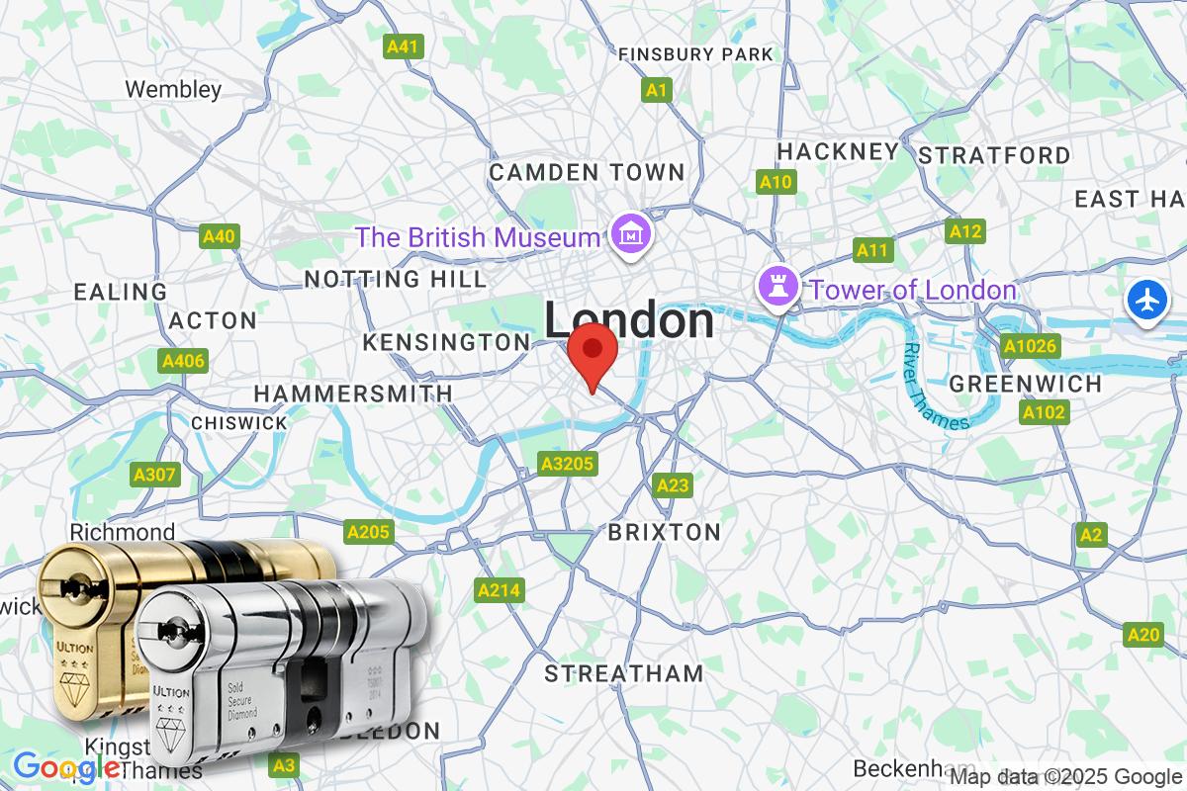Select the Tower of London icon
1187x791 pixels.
click(776, 288)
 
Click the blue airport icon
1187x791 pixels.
click(1146, 301)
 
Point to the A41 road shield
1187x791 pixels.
click(404, 45)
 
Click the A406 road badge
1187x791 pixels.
click(183, 361)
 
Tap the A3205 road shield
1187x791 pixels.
click(565, 463)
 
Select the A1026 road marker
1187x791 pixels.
click(1031, 346)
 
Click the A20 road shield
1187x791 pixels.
click(1143, 634)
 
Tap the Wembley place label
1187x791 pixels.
click(173, 89)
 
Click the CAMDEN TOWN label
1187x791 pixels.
click(587, 172)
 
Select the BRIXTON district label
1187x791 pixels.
click(664, 532)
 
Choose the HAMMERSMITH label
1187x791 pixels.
click(353, 393)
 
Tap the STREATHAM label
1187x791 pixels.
click(624, 673)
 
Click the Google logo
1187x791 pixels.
click(66, 766)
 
